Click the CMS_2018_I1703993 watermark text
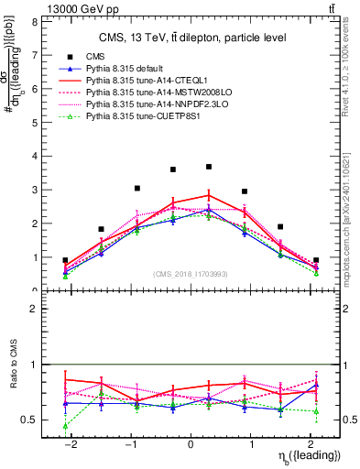click(191, 274)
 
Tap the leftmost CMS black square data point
click(65, 260)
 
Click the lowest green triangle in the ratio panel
click(65, 426)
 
